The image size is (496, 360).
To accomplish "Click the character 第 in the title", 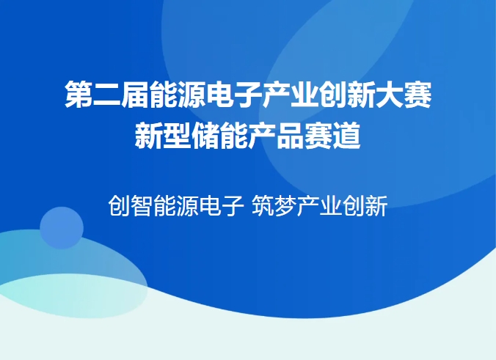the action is (x=79, y=94).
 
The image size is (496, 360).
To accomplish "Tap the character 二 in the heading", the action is (x=106, y=94).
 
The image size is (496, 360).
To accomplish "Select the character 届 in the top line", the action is (x=135, y=94).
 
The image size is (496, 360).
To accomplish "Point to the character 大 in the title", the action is (x=390, y=94).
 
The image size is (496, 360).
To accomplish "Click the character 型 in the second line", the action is (x=178, y=136).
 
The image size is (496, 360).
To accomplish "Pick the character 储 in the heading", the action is (x=205, y=136).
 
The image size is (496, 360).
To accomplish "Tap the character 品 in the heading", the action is (x=291, y=136).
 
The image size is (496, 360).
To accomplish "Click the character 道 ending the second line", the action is (x=347, y=136).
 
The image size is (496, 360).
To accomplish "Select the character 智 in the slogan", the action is (x=142, y=206).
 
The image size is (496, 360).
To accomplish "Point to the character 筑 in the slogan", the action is (x=263, y=206).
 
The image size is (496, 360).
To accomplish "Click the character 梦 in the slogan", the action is (x=285, y=206).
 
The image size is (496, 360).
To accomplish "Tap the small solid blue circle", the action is (x=62, y=228).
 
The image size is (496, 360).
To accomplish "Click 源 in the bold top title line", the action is (x=192, y=94).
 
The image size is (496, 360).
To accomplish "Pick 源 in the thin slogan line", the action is (x=188, y=206).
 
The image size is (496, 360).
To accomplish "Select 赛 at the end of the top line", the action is (x=418, y=94).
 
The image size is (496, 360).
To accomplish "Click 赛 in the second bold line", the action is (x=318, y=136).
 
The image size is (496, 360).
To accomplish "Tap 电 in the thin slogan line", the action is (x=211, y=206).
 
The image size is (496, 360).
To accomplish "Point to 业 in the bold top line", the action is (x=304, y=94).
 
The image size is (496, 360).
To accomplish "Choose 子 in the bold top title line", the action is (x=248, y=94).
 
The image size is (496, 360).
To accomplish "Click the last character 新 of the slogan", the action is (x=376, y=206).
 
